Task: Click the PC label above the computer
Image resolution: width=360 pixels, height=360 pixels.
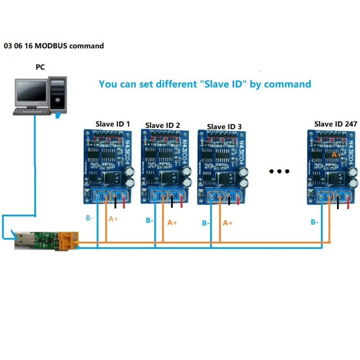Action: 40,67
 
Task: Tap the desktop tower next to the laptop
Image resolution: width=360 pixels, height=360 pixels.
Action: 58,94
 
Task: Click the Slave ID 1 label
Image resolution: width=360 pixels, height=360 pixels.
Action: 112,123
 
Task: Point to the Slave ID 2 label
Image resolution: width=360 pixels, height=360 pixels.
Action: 162,125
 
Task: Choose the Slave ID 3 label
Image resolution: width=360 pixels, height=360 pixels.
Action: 224,126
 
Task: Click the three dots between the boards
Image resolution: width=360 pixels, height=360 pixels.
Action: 278,171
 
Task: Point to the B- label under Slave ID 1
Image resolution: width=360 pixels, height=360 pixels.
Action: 90,218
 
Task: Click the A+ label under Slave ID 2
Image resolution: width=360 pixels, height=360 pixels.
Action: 173,222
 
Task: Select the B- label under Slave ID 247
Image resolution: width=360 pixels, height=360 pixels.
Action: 315,222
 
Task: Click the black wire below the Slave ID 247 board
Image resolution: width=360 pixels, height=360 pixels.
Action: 338,203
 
